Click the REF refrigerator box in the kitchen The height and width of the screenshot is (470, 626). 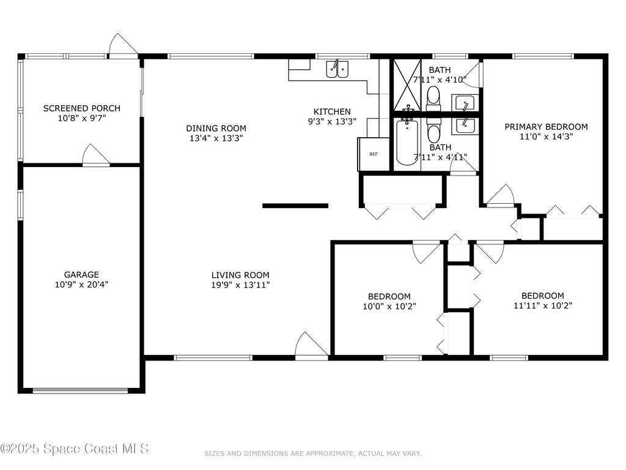[x=373, y=154]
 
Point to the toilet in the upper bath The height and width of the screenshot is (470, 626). [x=433, y=97]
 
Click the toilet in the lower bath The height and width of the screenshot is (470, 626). [x=433, y=131]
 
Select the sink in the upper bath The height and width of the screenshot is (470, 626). [x=465, y=102]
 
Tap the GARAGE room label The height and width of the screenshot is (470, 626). [x=81, y=275]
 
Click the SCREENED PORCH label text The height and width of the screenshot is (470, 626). [x=81, y=108]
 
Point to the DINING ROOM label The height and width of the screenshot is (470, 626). [x=216, y=129]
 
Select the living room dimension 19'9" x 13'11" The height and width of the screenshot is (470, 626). [x=240, y=285]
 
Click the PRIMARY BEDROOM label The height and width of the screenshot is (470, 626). [x=545, y=127]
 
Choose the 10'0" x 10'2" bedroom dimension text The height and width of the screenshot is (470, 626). [x=389, y=306]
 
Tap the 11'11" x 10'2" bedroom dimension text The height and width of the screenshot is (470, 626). [x=542, y=305]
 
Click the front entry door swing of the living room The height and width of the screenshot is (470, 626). [x=311, y=346]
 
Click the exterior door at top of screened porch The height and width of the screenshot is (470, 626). [x=123, y=46]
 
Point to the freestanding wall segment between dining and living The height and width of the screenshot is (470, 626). [x=295, y=206]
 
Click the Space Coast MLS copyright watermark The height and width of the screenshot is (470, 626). [x=75, y=449]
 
